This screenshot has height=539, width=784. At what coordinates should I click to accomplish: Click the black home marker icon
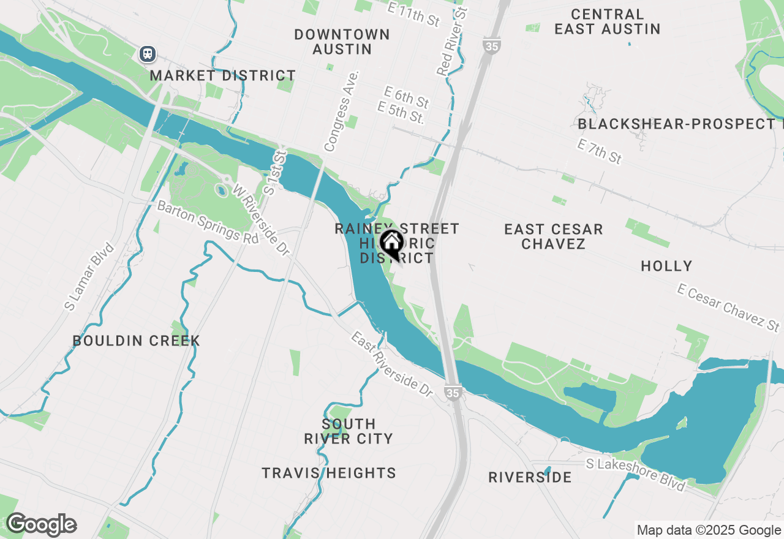point(391,244)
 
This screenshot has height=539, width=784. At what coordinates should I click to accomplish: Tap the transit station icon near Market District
point(147,54)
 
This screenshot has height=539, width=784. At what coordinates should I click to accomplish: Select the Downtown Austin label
point(342,42)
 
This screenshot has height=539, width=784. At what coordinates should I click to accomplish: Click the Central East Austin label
point(607,21)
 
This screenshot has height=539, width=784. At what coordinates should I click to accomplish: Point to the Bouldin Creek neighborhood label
point(136,341)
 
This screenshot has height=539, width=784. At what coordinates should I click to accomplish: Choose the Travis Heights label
point(329,473)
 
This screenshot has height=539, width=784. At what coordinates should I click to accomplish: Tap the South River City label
point(348,431)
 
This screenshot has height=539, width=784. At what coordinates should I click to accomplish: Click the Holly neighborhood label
point(666,266)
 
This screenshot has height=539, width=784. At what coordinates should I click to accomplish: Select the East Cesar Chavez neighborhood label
point(554,236)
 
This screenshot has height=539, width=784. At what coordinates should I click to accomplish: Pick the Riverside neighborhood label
point(530,477)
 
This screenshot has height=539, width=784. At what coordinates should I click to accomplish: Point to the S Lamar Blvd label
point(89,276)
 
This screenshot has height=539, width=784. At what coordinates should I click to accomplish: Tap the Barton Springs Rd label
point(208,222)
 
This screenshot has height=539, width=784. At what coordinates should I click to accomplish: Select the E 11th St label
point(414,13)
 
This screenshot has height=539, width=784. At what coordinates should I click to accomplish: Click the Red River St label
point(452,42)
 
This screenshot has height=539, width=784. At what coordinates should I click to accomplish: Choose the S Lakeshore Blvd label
point(635,473)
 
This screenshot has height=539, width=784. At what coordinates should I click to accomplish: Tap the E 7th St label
point(600,151)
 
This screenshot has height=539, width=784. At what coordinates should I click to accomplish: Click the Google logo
point(41,525)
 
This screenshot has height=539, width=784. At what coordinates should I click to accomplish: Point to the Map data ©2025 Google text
point(709,530)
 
